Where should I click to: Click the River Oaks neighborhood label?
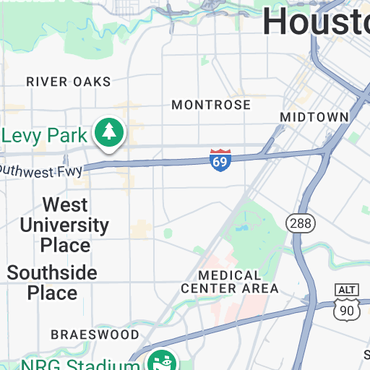69,82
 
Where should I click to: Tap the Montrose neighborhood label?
211,105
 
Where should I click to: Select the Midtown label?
314,117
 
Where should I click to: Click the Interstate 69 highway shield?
220,160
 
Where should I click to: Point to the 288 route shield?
299,223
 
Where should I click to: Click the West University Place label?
65,225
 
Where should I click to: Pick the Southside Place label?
52,283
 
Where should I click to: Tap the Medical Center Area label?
229,282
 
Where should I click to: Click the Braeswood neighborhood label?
95,335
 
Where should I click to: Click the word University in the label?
64,225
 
